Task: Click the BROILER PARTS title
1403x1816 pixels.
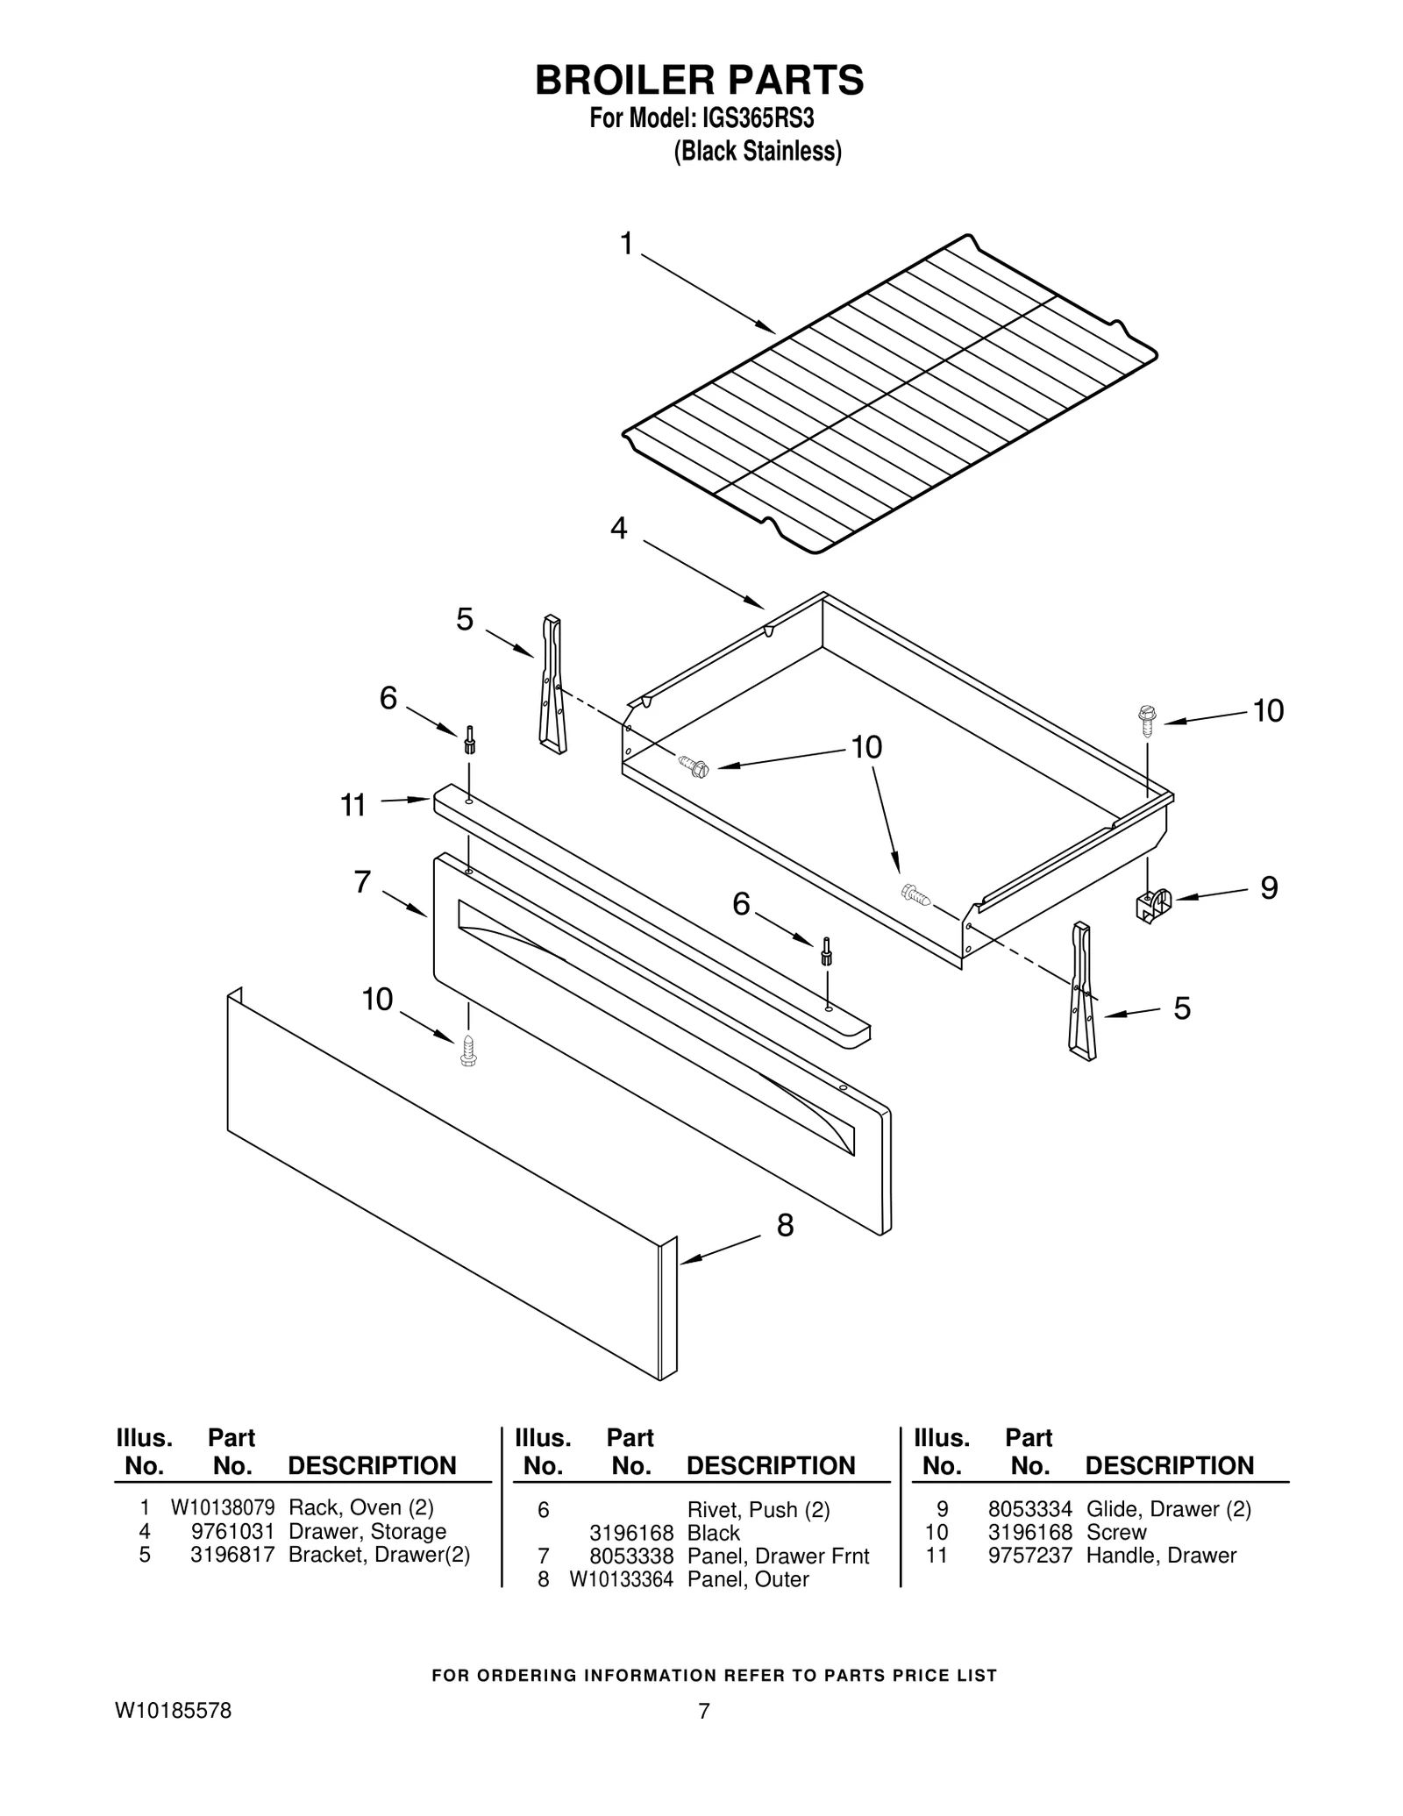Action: point(699,80)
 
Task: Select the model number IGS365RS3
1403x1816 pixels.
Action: point(751,118)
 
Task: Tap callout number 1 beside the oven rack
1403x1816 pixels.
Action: point(626,244)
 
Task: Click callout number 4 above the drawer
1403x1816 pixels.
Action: point(619,529)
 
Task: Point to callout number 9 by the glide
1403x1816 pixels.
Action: point(1269,888)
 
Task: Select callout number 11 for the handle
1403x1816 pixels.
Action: point(353,805)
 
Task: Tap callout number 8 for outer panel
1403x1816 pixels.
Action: point(785,1226)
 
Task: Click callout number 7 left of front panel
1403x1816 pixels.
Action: point(362,882)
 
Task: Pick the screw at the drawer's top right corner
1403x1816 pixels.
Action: point(1146,720)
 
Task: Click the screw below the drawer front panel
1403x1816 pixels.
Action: point(468,1050)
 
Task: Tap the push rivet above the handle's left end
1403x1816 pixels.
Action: point(470,739)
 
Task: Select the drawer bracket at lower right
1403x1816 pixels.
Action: point(1081,991)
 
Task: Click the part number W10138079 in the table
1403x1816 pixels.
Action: point(223,1507)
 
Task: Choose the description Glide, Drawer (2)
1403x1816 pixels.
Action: point(1168,1509)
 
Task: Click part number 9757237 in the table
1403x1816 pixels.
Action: point(1029,1555)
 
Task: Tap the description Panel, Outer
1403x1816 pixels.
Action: point(747,1578)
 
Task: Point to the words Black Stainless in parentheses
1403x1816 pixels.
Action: point(757,152)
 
